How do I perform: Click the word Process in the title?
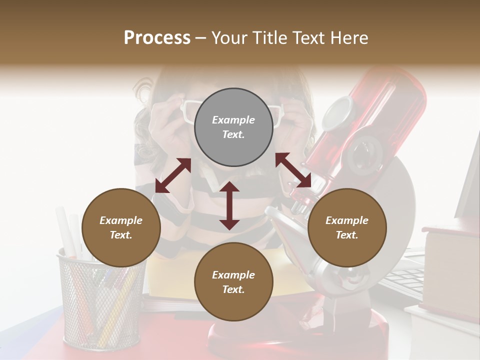click(x=157, y=38)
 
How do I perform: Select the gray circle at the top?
click(x=233, y=127)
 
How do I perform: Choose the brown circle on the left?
click(x=121, y=227)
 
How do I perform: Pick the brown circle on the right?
click(x=347, y=227)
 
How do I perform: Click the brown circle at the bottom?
click(x=233, y=282)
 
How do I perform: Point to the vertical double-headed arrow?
click(x=229, y=205)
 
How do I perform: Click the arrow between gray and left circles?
click(x=173, y=175)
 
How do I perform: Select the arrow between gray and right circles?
click(x=293, y=170)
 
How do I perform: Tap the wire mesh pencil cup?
click(x=100, y=300)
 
